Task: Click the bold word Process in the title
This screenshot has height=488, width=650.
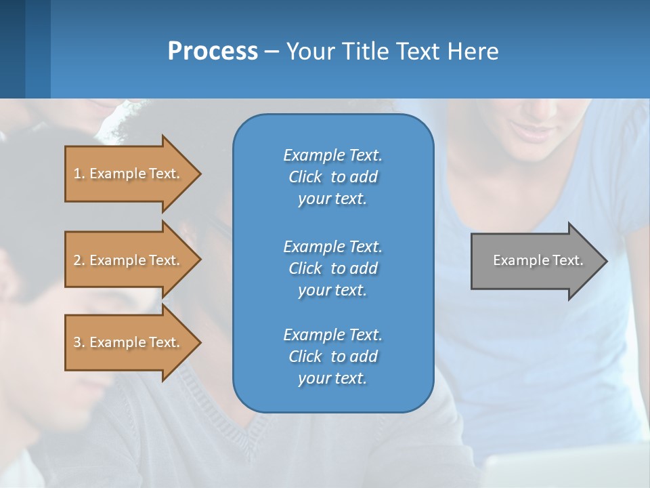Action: [x=213, y=52]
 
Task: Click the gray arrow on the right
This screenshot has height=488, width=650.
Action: [x=535, y=260]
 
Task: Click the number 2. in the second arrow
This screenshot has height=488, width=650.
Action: [x=79, y=260]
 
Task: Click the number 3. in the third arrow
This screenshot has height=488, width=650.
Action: [x=79, y=342]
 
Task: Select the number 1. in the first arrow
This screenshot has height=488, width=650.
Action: [x=79, y=174]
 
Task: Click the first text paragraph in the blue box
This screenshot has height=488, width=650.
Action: [x=332, y=177]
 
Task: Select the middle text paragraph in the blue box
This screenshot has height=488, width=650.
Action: [x=332, y=268]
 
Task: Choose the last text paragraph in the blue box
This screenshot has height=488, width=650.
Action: [x=332, y=357]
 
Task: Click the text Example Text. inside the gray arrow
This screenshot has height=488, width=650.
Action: [x=538, y=260]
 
